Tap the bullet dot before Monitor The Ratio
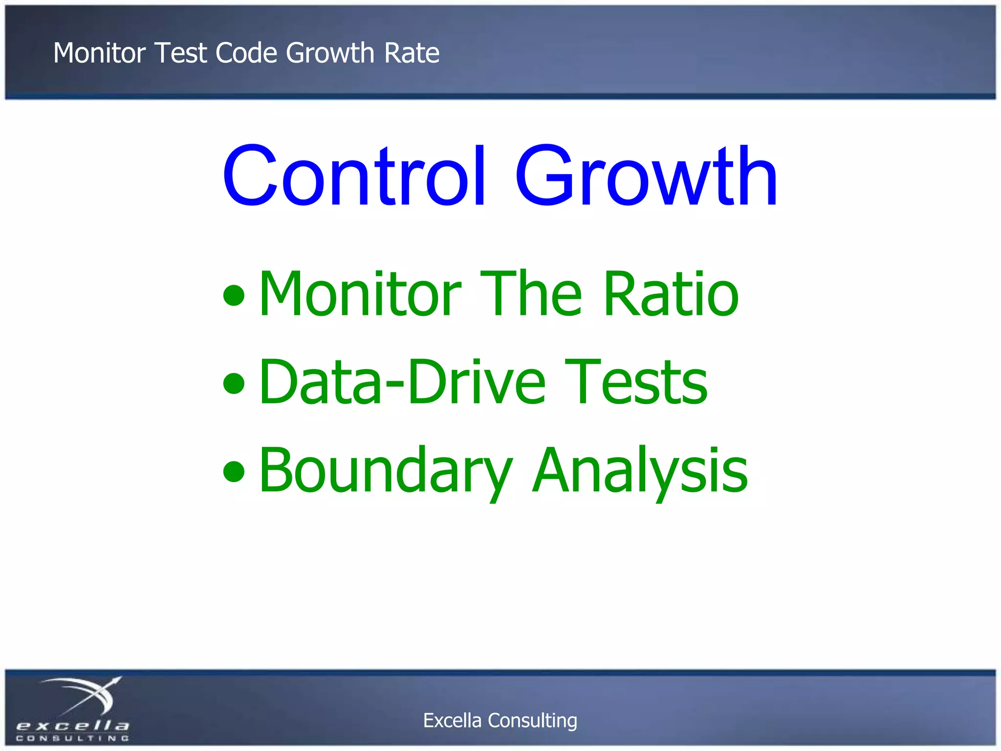[x=234, y=295]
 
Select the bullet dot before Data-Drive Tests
[x=234, y=383]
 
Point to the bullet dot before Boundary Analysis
[x=234, y=471]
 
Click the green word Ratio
[x=671, y=294]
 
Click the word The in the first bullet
[x=531, y=294]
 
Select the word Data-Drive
[x=402, y=382]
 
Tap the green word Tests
[x=635, y=382]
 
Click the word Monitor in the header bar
[x=100, y=53]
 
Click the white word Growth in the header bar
[x=330, y=53]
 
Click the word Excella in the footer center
[x=452, y=720]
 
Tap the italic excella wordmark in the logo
[x=72, y=726]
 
